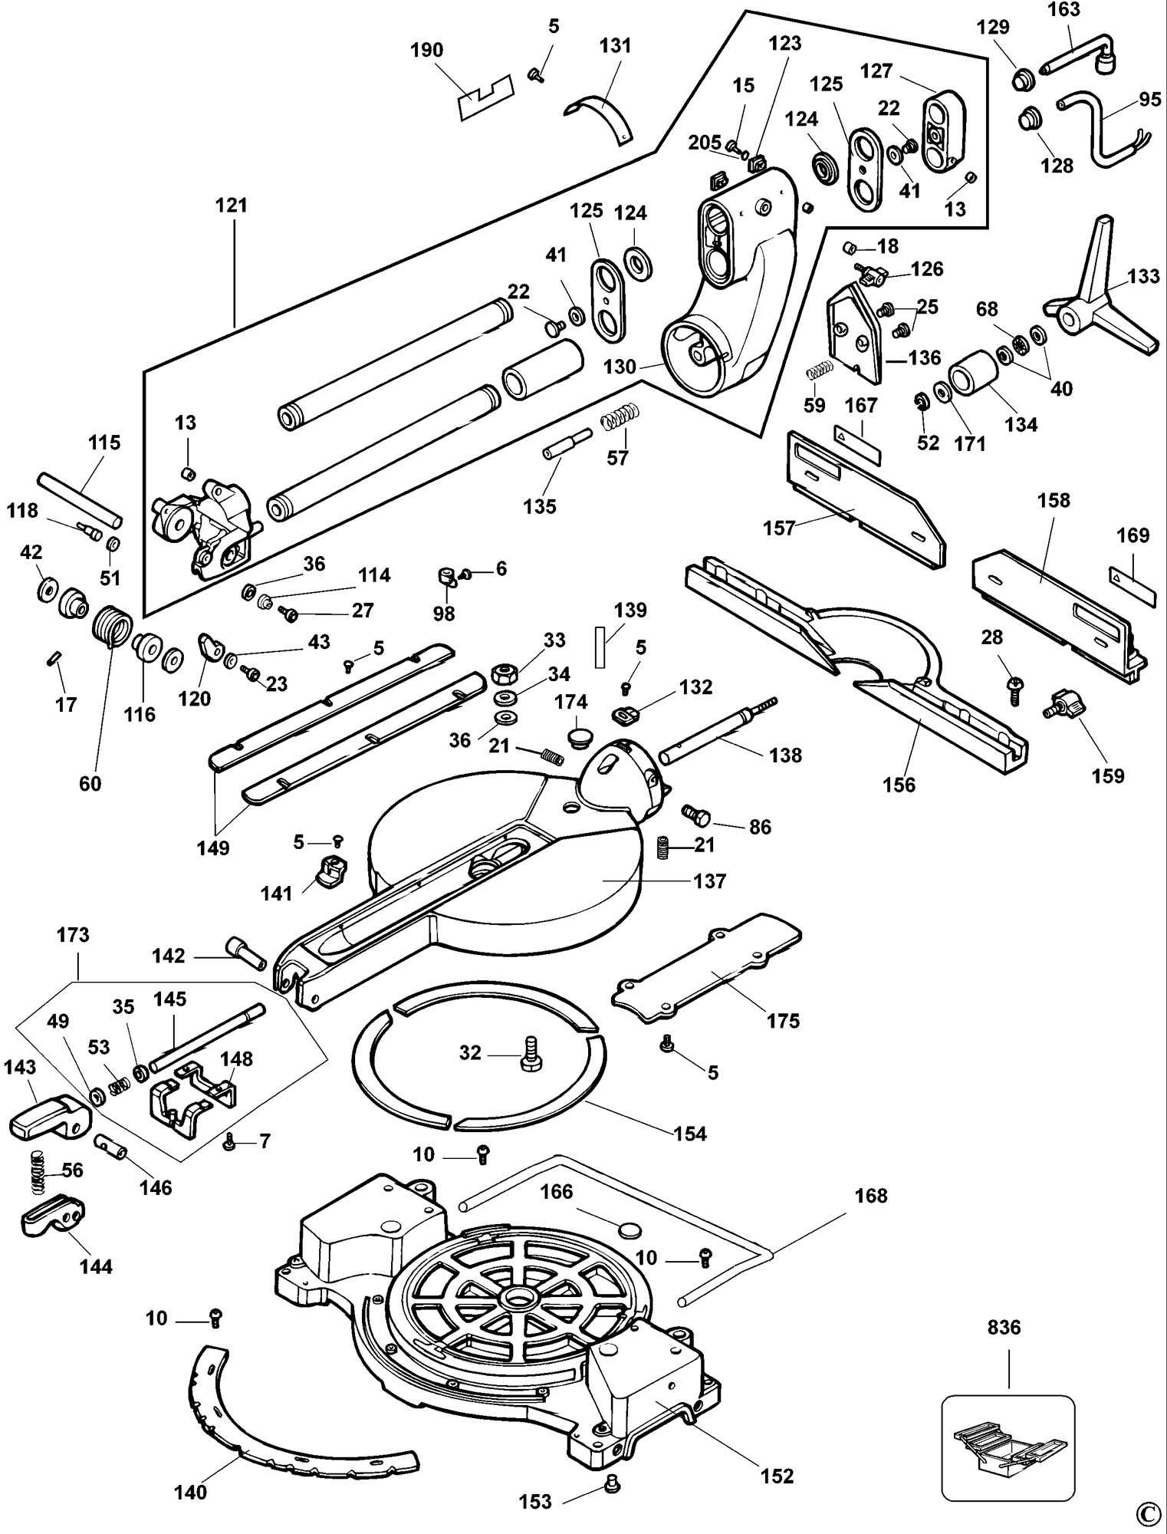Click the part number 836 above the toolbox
(1004, 1328)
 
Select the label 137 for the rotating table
(709, 881)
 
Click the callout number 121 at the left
(232, 206)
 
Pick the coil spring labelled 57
(619, 420)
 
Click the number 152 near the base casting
(777, 1475)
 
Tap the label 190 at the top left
(426, 51)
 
